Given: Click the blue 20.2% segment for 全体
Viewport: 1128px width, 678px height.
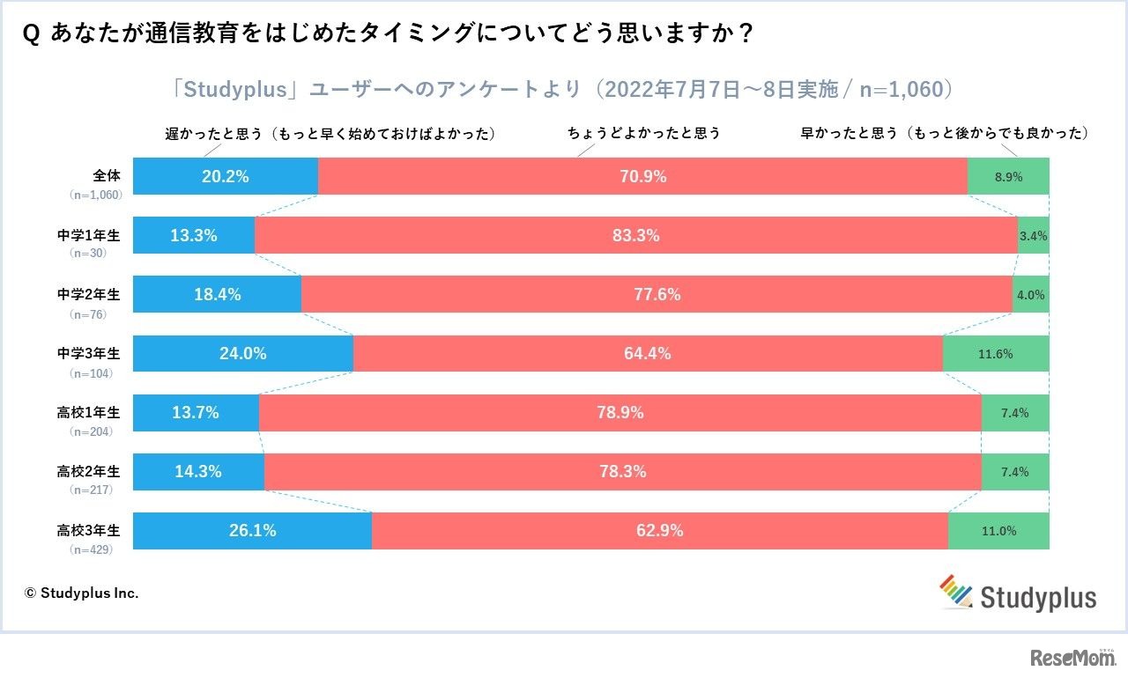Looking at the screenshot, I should tap(226, 176).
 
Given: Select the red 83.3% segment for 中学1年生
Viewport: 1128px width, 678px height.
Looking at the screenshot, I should tap(635, 235).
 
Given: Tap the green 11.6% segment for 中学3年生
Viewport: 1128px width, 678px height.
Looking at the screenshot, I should tap(996, 354).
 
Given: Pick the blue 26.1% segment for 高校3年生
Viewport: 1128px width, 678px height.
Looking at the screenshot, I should tap(252, 531).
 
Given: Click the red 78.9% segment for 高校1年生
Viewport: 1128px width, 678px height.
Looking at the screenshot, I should tap(620, 413).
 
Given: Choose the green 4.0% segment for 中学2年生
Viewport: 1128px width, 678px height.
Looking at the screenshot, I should tap(1030, 295).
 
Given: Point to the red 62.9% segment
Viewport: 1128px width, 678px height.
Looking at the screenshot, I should tap(659, 531).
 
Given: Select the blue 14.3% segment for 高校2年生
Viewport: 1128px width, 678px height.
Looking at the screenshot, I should tap(198, 472).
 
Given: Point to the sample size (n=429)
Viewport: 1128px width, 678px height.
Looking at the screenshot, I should tap(91, 549).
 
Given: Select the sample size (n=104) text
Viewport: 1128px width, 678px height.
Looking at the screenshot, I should tap(91, 372).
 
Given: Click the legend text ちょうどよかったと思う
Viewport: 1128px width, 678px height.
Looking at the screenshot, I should tap(644, 134).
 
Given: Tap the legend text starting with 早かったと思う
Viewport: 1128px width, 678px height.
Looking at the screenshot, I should tap(944, 134).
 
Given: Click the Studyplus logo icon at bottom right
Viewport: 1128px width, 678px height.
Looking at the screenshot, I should tap(957, 592).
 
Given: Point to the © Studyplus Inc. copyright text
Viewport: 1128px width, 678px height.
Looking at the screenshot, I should tap(81, 593).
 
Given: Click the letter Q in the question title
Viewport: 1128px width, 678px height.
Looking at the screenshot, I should tap(33, 33).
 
